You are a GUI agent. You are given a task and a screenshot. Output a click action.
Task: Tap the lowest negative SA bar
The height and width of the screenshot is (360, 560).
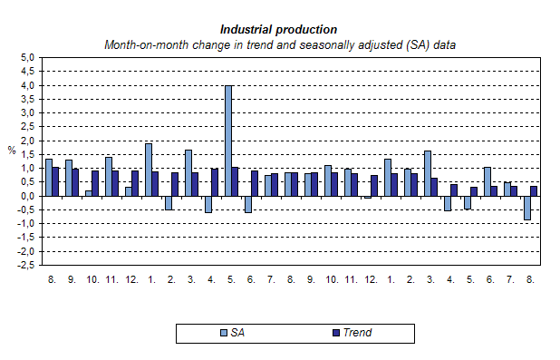click(x=526, y=208)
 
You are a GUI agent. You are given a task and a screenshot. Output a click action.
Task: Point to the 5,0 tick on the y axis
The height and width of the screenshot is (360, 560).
click(x=27, y=57)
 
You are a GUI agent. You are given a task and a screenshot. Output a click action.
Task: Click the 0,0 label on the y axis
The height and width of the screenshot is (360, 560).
click(x=27, y=196)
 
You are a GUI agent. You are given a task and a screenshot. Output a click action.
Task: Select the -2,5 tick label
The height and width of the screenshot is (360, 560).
click(x=26, y=266)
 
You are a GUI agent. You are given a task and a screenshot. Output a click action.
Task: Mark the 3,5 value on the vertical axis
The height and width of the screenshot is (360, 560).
click(x=27, y=99)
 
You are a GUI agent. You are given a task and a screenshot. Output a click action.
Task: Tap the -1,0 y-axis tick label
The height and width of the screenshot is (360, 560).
click(x=26, y=224)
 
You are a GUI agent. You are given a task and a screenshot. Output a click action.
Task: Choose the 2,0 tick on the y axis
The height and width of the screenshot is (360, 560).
click(x=27, y=141)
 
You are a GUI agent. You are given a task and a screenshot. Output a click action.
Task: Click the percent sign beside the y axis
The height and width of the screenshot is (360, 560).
click(x=12, y=151)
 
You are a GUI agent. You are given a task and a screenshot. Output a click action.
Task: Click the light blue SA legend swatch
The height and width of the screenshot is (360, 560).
click(x=224, y=333)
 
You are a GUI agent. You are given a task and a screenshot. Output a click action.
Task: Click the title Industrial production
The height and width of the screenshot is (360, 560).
click(x=279, y=29)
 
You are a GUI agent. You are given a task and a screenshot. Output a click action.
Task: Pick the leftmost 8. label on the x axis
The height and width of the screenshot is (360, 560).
click(x=51, y=281)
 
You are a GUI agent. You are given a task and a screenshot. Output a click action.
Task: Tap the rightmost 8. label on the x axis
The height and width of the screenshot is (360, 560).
click(x=530, y=281)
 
